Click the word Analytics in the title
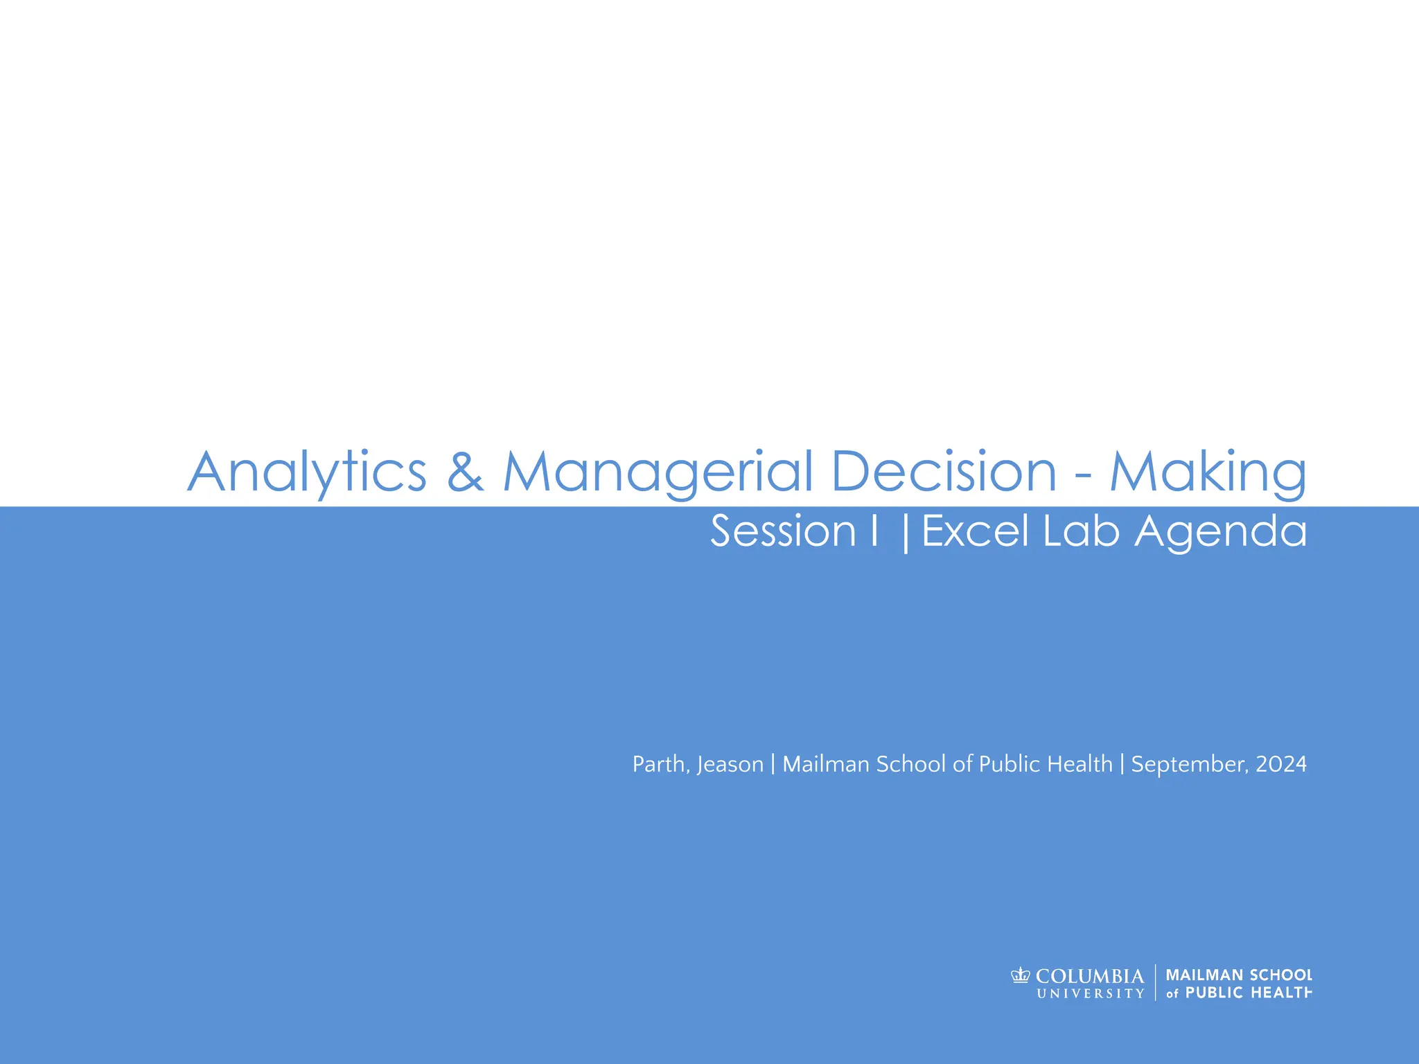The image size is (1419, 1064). point(307,472)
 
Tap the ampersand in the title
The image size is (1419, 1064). point(465,472)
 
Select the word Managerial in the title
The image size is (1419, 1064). point(658,472)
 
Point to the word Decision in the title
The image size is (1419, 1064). point(944,472)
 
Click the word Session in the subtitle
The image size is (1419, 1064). point(783,531)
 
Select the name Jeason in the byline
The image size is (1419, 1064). point(730,765)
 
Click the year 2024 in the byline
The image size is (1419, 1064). point(1281,764)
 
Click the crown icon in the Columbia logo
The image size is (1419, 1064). point(1021,976)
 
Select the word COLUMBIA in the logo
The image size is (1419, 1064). point(1090,976)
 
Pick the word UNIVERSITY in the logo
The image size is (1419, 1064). point(1091,993)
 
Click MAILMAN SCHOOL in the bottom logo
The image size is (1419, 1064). point(1239,975)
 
